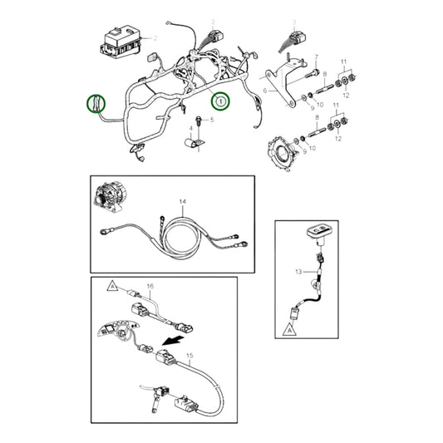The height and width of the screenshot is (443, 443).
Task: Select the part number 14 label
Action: [183, 202]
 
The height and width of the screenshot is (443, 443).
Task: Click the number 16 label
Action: [150, 286]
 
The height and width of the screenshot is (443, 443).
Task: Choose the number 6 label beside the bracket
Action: [265, 89]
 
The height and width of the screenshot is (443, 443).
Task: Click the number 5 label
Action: [211, 120]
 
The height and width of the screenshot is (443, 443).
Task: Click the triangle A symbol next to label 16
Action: [111, 285]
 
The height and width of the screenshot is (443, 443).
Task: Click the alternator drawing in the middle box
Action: [110, 199]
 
